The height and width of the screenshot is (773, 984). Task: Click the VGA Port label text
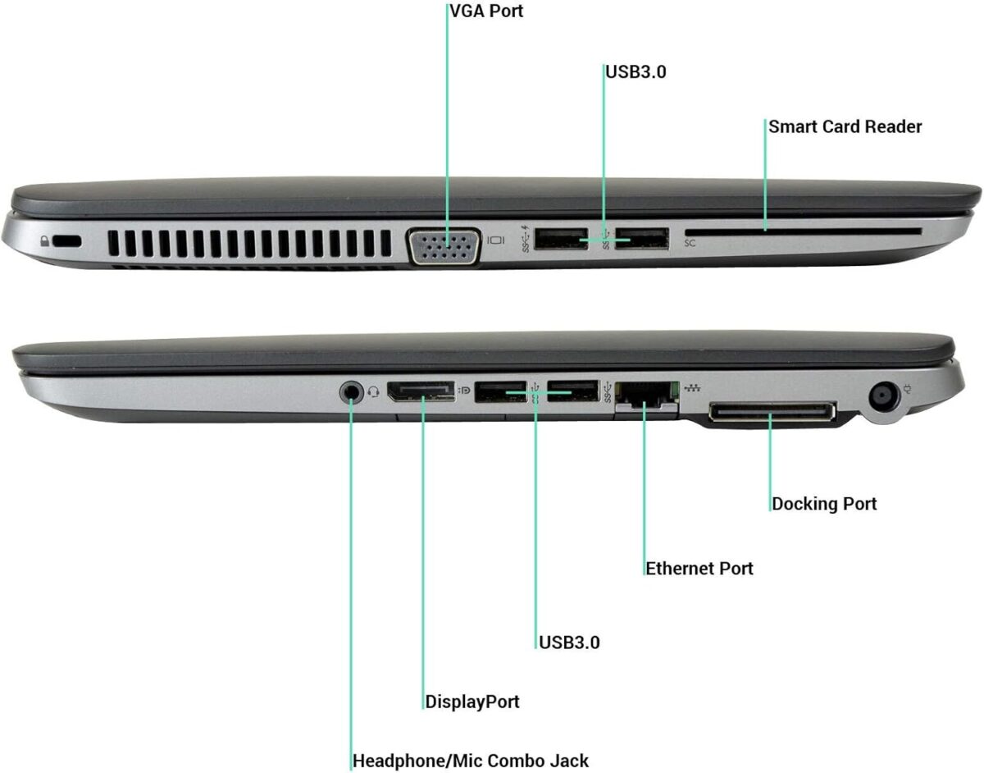(x=486, y=11)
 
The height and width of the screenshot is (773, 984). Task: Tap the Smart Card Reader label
(x=845, y=127)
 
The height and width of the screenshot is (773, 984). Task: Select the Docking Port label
(x=824, y=504)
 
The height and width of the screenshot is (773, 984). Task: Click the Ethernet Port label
(x=699, y=569)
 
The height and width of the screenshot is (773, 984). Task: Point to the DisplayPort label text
(x=471, y=702)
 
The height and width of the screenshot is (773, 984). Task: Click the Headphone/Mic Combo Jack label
(x=471, y=761)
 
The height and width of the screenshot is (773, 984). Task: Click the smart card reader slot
(x=803, y=232)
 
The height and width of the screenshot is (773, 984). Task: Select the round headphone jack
(x=352, y=392)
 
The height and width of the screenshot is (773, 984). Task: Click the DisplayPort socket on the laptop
(x=421, y=391)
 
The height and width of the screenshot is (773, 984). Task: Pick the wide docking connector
(x=772, y=411)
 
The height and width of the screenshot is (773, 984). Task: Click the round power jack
(x=883, y=397)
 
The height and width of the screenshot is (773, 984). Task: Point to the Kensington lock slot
(x=67, y=241)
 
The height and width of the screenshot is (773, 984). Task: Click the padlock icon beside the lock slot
(x=44, y=240)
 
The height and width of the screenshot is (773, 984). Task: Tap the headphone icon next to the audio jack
(x=374, y=391)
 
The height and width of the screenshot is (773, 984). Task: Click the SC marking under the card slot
(x=690, y=244)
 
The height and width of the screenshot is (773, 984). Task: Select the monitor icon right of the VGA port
(x=495, y=240)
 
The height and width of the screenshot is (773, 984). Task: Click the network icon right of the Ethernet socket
(x=693, y=388)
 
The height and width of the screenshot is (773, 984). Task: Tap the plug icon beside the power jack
(x=907, y=389)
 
